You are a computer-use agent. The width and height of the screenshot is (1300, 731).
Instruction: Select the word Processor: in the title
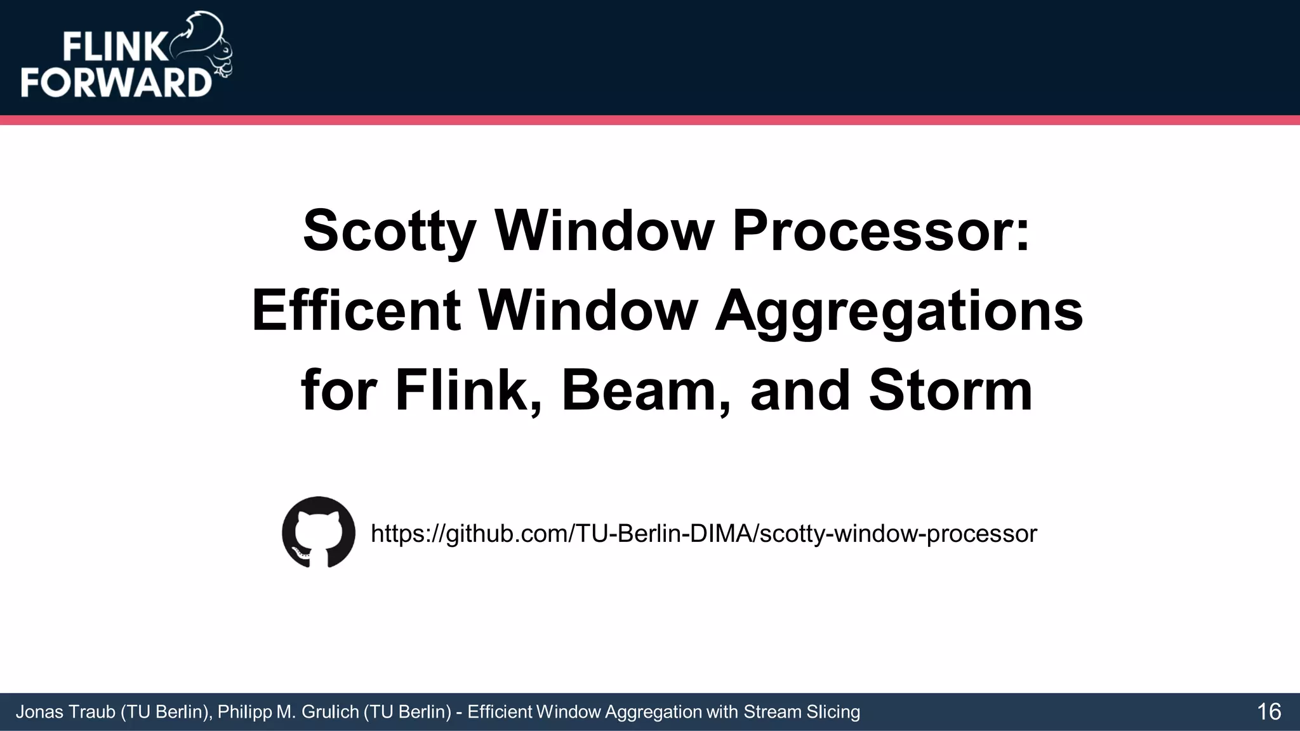881,230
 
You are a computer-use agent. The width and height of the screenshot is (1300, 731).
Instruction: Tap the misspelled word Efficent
355,310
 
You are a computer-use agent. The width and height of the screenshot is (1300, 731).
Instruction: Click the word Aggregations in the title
899,310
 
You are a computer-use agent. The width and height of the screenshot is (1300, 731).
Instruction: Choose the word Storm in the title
950,390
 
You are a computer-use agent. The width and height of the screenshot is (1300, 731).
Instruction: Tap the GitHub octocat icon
319,532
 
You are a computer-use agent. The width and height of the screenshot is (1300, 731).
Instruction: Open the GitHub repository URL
703,534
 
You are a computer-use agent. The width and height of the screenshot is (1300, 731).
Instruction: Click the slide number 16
1268,712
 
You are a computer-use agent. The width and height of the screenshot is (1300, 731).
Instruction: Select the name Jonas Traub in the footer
65,712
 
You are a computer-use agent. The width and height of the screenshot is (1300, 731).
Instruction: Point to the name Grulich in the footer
330,712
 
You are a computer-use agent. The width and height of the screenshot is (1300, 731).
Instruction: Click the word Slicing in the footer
833,712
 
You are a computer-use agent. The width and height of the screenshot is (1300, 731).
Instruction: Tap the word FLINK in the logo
114,48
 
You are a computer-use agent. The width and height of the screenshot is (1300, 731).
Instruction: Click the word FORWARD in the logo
116,82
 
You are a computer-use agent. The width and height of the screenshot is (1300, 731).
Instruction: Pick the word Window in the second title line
588,310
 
